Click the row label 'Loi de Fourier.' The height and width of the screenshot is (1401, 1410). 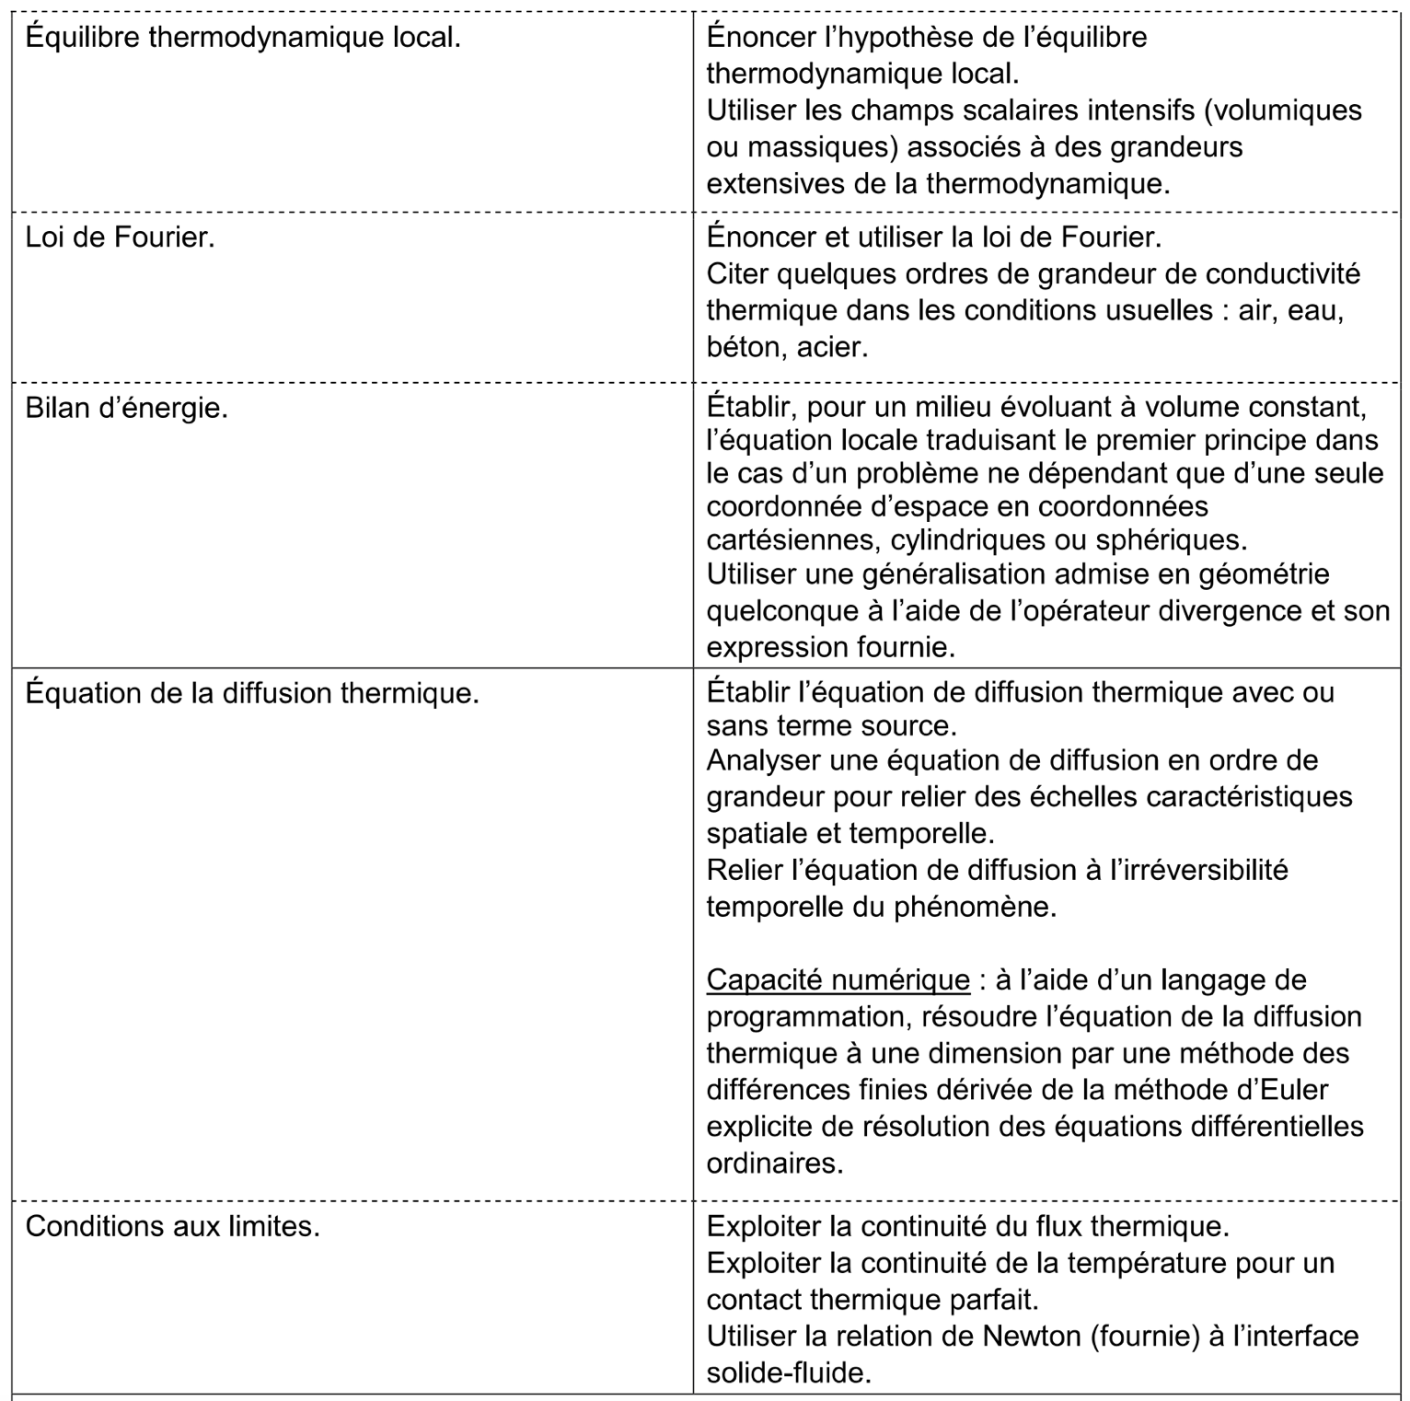coord(120,237)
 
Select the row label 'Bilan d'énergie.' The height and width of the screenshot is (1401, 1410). coord(126,408)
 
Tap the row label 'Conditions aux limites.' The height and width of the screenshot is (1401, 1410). coord(172,1227)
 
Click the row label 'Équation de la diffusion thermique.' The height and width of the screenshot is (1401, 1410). coord(252,693)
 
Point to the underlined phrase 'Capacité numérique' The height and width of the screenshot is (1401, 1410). coord(838,980)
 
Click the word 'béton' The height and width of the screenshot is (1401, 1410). coord(744,347)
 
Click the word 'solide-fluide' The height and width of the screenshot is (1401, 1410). coord(788,1372)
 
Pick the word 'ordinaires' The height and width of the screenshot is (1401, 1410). coord(774,1164)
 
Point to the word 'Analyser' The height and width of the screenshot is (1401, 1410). coord(764,761)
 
